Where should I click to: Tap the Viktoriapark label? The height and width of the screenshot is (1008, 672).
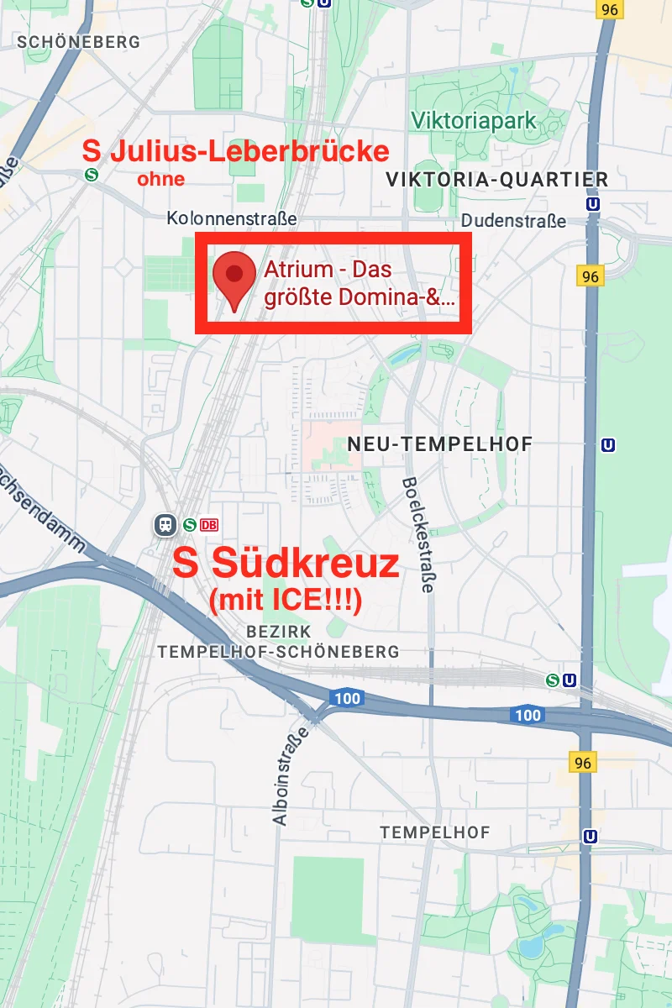point(474,121)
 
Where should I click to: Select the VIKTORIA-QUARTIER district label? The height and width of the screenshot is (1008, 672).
point(496,179)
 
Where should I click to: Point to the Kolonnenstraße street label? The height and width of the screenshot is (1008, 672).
point(232,218)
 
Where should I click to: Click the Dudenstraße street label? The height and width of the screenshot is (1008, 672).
point(513,221)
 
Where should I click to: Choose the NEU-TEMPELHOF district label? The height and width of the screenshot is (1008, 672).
point(440,444)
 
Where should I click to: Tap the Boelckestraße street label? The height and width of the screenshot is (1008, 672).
point(417,535)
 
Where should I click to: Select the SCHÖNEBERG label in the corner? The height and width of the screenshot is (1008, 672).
point(78,41)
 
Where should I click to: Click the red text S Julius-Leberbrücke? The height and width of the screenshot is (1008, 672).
point(236,151)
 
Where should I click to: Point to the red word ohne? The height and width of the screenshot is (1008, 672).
point(160,178)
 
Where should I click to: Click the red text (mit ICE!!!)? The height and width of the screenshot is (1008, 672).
point(286,600)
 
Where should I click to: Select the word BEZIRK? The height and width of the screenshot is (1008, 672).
point(279,631)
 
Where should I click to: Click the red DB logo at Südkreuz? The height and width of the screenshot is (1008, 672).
point(209,525)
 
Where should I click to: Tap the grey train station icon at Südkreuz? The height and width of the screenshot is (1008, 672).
point(165,525)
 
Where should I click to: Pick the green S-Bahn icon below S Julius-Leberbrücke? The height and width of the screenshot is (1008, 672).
point(91,175)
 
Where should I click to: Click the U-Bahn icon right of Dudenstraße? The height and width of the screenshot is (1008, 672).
point(594,203)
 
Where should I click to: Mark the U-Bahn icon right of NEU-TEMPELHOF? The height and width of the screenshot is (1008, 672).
point(609,444)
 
